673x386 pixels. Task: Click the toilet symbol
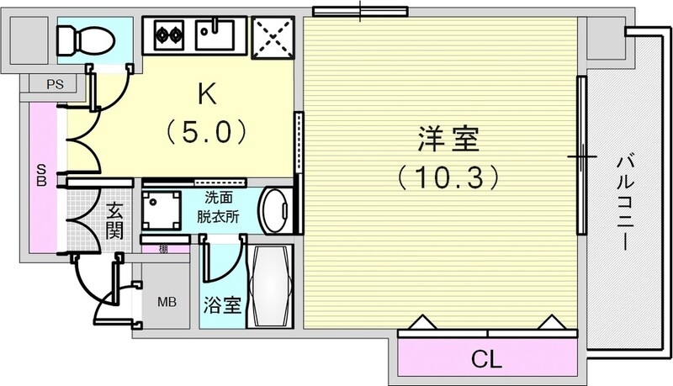(77, 37)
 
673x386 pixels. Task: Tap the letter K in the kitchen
(206, 93)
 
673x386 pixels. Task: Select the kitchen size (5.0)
(206, 131)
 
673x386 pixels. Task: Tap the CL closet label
(485, 361)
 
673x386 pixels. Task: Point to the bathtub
(269, 288)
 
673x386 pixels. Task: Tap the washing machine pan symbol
(161, 209)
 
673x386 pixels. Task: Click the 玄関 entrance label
(115, 220)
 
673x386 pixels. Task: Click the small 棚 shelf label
(159, 248)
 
